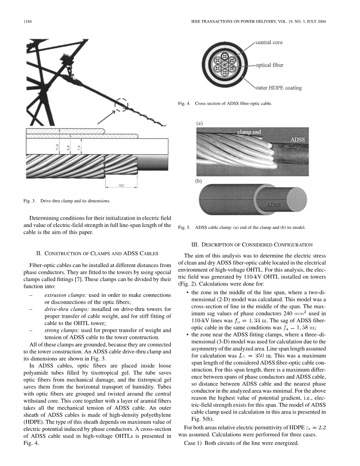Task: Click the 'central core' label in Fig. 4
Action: (x=269, y=42)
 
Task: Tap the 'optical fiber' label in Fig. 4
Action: (x=269, y=65)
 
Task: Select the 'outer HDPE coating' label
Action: (x=279, y=88)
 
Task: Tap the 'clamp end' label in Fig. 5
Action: (x=248, y=132)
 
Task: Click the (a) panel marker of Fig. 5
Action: (x=199, y=123)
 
